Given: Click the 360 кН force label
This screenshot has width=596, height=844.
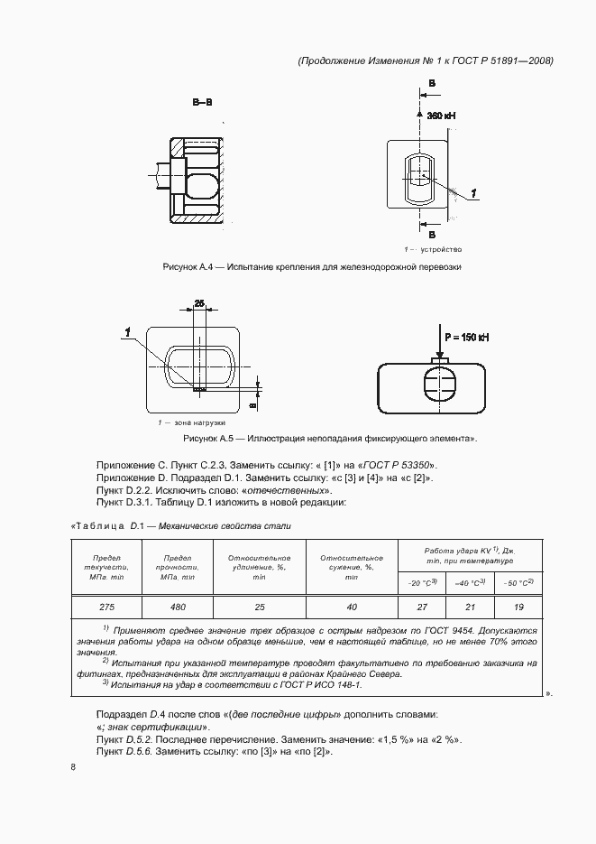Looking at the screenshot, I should point(442,116).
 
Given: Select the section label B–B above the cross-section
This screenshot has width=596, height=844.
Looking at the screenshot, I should point(202,102).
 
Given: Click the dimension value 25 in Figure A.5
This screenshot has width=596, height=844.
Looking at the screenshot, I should point(200,302).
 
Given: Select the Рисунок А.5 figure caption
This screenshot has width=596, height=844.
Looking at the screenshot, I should point(329,439).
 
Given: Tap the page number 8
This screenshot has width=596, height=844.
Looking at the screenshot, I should point(73,767).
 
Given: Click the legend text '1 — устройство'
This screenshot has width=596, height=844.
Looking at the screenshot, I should point(433,248).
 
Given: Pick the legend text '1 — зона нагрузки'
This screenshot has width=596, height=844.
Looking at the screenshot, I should point(191,422).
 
